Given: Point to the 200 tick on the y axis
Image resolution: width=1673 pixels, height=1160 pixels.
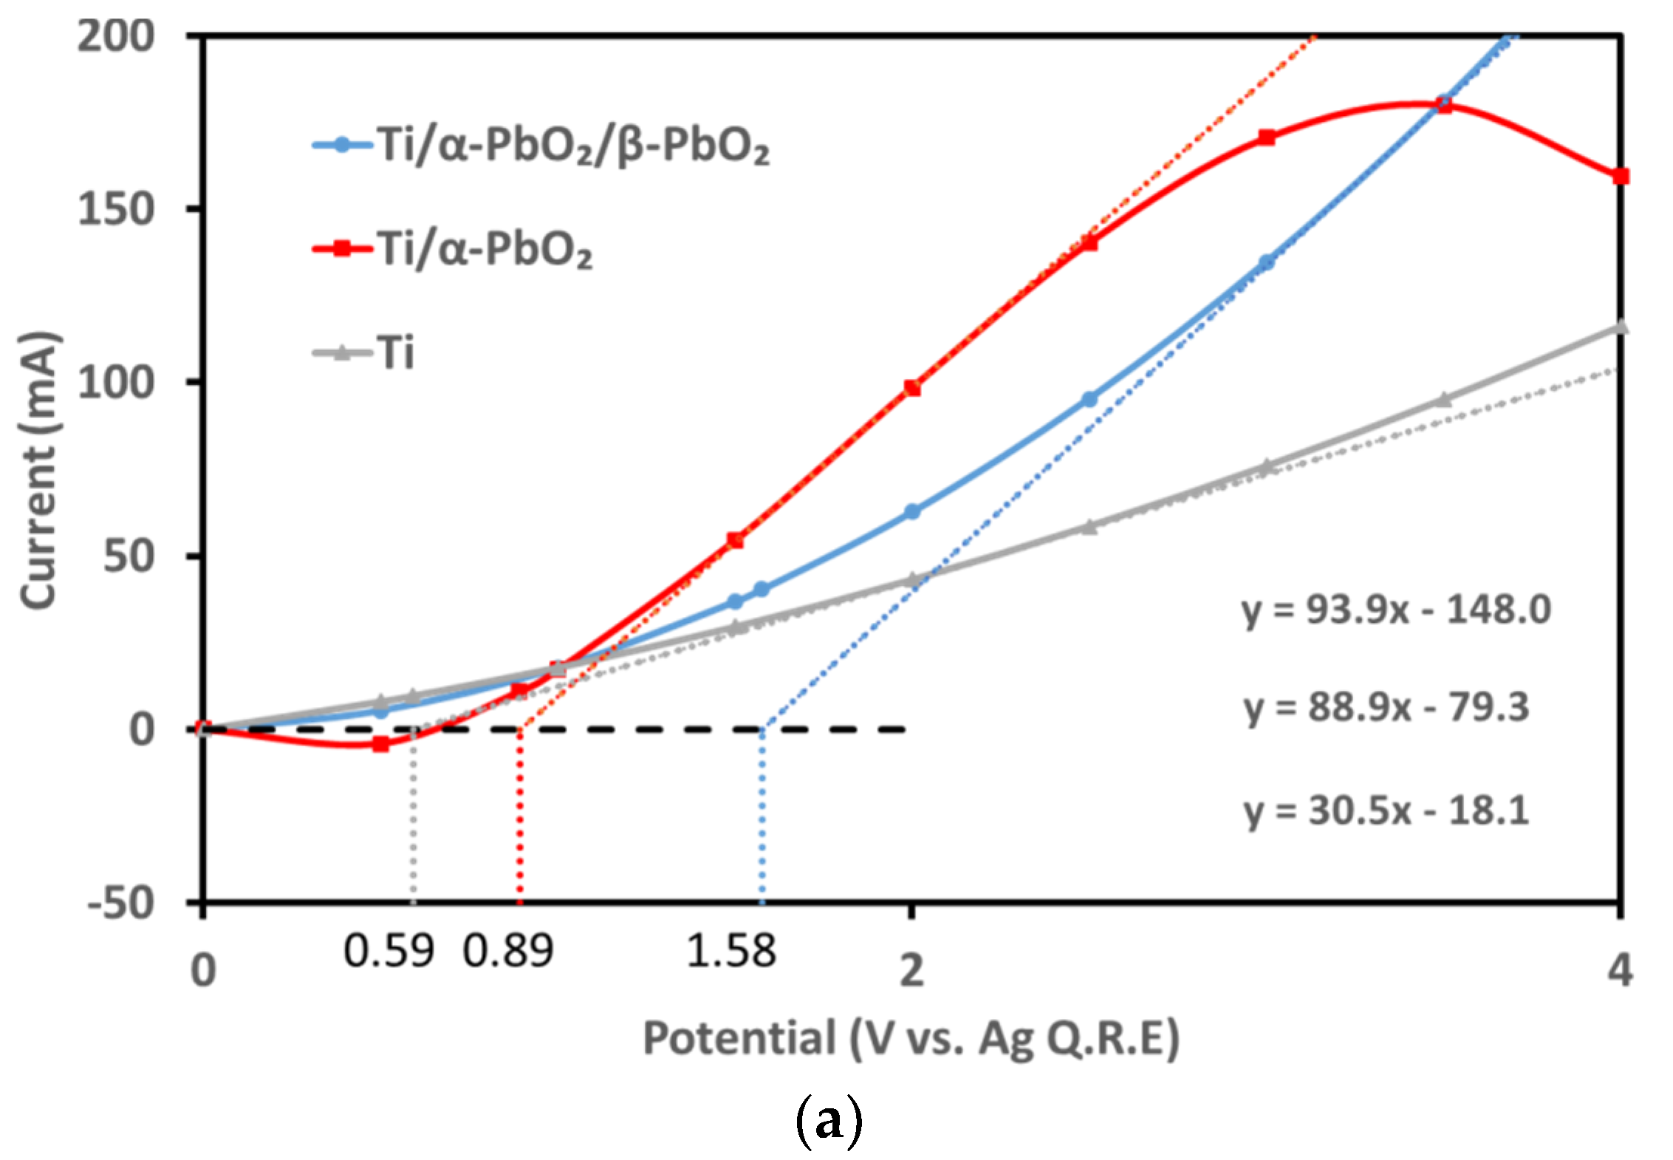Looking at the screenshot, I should [x=116, y=35].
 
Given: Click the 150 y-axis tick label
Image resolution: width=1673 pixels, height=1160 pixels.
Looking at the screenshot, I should [x=116, y=209].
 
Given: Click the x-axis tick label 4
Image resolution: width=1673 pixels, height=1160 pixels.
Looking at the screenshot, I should [x=1619, y=969].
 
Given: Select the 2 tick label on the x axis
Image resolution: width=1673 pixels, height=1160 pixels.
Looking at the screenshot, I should [x=911, y=969].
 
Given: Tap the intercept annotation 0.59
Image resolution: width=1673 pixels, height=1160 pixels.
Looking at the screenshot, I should [x=389, y=951].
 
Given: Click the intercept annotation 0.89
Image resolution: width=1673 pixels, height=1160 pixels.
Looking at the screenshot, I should [x=507, y=951].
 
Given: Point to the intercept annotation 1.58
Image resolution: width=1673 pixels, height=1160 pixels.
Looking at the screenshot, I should [x=731, y=951].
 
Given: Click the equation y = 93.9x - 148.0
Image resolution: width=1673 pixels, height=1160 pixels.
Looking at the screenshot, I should [x=1395, y=610].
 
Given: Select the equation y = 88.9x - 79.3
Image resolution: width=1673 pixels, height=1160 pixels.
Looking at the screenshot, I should [x=1386, y=708].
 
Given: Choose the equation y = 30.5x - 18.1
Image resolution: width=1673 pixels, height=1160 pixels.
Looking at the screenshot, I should [x=1386, y=811].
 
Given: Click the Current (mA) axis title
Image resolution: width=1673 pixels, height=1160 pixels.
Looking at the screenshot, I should [x=38, y=471].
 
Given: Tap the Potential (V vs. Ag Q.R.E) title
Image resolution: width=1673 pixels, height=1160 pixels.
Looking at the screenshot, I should [x=911, y=1038].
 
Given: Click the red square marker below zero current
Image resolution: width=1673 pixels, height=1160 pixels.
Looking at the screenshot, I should [x=380, y=744].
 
